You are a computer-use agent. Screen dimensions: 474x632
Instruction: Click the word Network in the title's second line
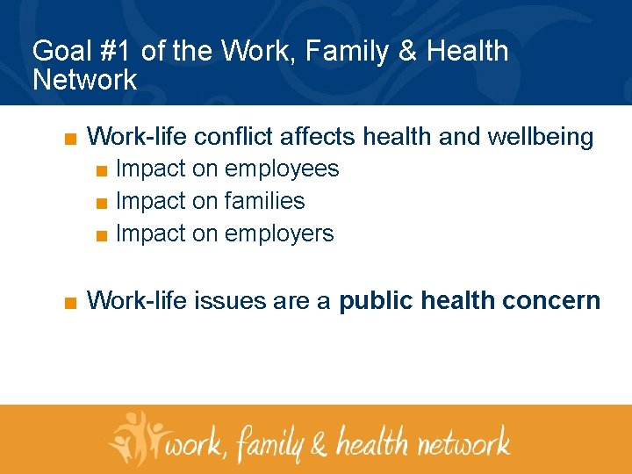pos(84,80)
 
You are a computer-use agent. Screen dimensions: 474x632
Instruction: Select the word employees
pos(282,169)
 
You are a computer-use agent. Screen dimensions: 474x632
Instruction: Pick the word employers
pos(279,233)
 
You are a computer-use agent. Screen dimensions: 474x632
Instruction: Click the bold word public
pos(377,301)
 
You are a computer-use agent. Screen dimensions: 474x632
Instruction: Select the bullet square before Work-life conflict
pos(70,139)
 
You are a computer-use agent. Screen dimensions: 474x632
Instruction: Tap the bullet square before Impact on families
pos(102,203)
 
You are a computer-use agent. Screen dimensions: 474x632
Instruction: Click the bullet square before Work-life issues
pos(70,303)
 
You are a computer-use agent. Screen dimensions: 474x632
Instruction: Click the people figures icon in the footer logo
pos(136,436)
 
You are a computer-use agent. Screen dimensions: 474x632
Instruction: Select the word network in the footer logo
pos(463,440)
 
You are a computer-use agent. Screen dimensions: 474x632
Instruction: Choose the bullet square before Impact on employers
pos(102,235)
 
